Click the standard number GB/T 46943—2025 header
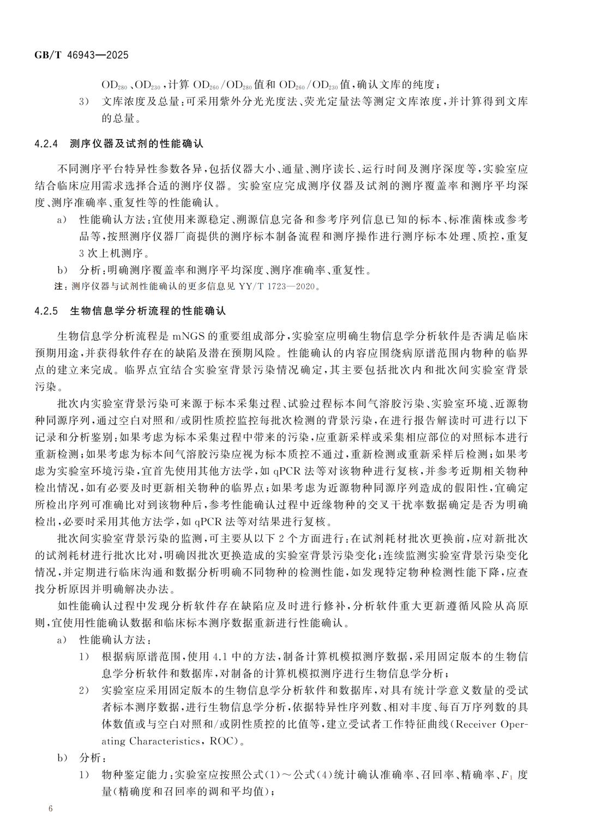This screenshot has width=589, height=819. [81, 56]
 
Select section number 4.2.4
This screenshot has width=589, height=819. [49, 144]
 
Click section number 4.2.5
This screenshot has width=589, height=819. [49, 311]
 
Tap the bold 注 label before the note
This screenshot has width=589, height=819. [58, 286]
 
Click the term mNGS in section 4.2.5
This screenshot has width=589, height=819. [187, 335]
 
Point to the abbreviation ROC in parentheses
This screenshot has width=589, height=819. [221, 742]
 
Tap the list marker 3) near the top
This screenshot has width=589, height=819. [83, 101]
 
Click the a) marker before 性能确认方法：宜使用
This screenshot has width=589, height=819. [62, 220]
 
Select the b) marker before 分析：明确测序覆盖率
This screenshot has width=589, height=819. [62, 270]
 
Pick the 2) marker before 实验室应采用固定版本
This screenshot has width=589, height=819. [83, 691]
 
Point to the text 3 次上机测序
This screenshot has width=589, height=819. [113, 254]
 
